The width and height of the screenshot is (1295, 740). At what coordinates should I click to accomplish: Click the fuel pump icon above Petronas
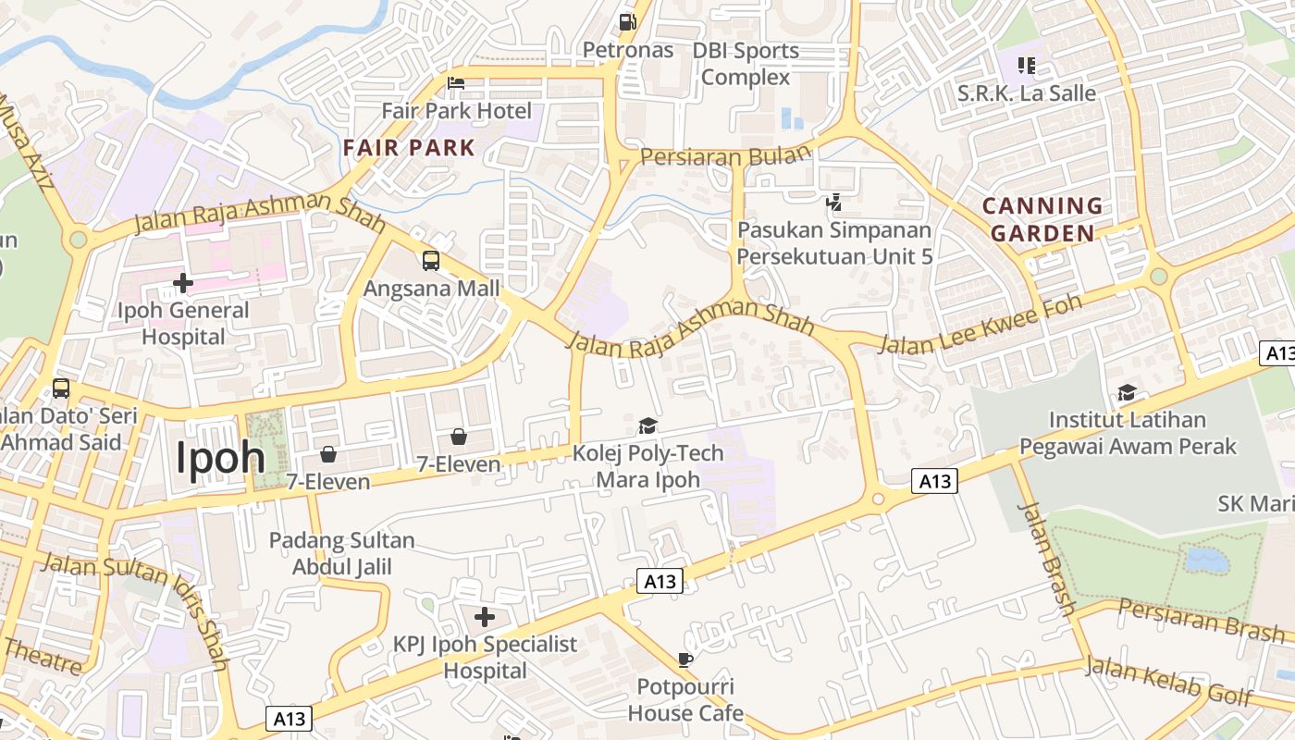[627, 20]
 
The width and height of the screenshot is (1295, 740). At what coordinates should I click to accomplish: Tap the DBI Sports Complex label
[746, 64]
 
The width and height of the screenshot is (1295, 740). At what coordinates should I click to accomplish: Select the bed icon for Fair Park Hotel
[456, 83]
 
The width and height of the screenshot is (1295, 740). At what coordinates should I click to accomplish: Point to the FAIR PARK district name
[409, 147]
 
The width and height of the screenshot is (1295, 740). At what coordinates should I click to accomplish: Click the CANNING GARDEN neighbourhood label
[1042, 219]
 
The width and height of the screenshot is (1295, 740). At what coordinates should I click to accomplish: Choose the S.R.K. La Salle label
[1027, 93]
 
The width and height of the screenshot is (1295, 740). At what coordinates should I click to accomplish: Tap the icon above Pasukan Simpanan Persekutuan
[834, 201]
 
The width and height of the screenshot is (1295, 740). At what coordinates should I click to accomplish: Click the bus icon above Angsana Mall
[431, 260]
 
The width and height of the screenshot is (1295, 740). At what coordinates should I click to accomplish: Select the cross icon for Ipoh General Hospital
[183, 282]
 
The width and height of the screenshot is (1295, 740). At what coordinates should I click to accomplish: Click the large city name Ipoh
[220, 457]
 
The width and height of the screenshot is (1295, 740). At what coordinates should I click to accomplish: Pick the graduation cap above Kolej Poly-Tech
[647, 425]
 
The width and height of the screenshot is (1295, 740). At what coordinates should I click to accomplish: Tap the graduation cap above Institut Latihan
[1127, 392]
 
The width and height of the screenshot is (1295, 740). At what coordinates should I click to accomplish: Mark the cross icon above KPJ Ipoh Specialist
[485, 617]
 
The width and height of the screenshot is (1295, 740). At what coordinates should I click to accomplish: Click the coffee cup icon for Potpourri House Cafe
[684, 660]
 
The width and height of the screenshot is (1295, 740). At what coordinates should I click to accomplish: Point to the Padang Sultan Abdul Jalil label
[342, 553]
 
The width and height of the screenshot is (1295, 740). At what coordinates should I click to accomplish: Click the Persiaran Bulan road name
[725, 155]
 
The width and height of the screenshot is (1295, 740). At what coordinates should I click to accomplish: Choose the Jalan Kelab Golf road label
[1169, 680]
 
